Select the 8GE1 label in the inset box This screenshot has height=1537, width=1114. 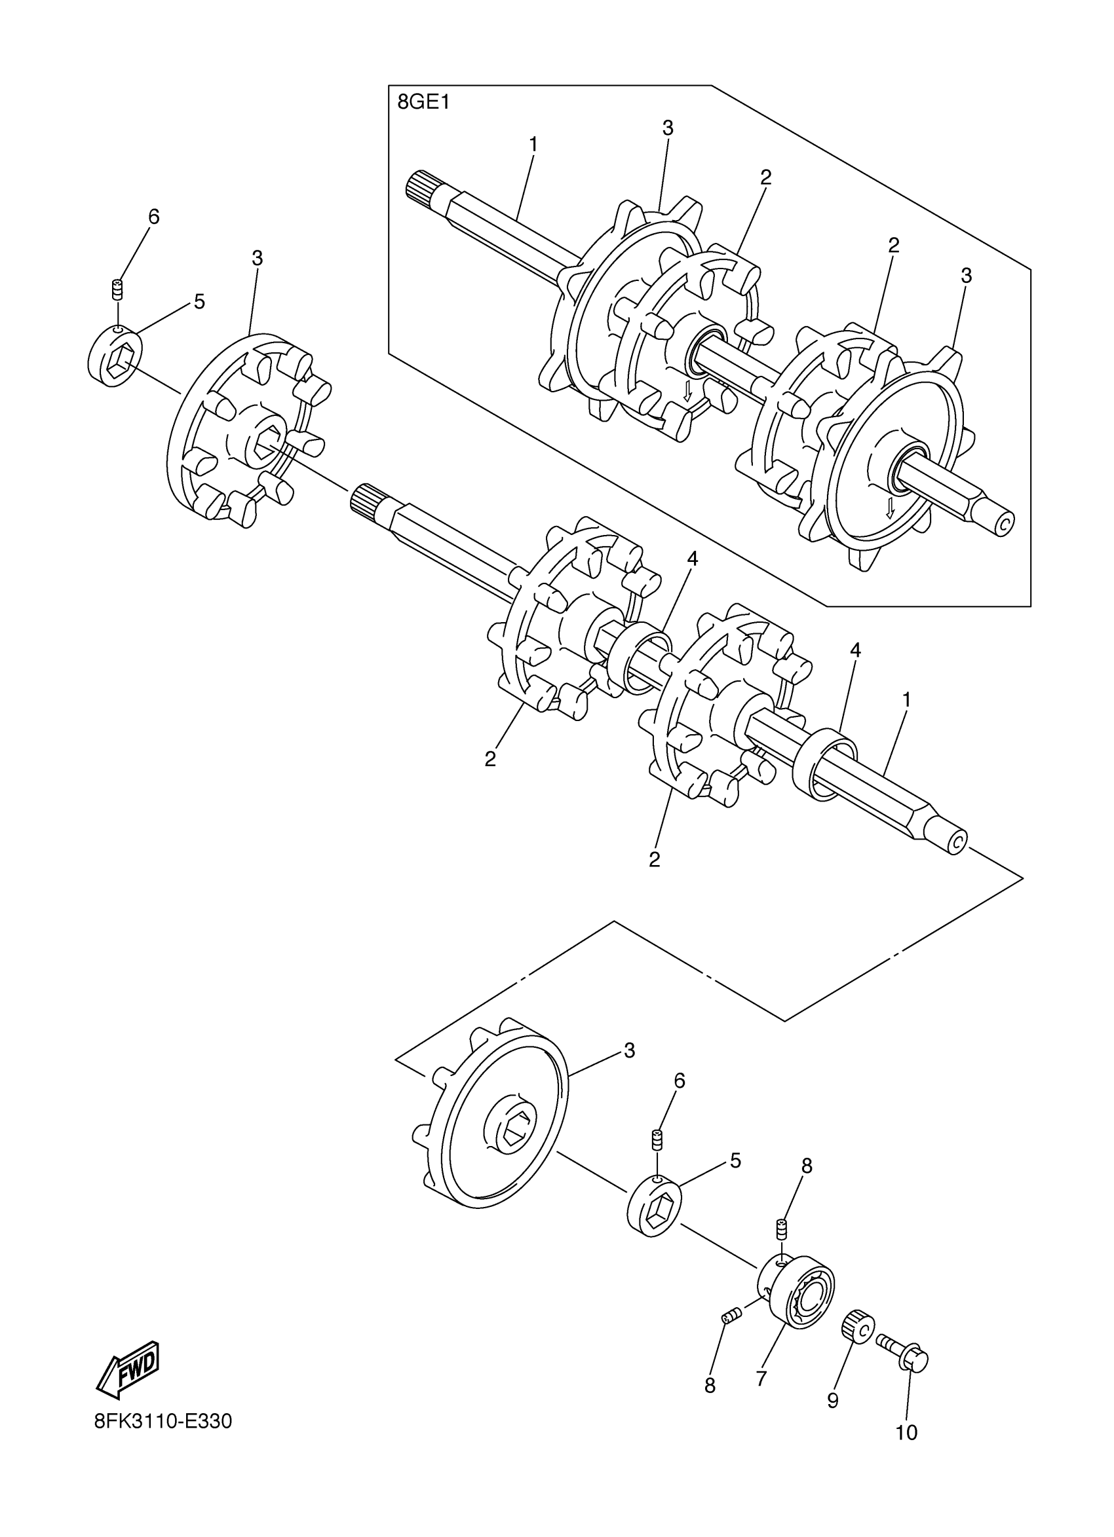[x=424, y=103]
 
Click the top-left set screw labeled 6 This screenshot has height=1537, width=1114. [x=119, y=290]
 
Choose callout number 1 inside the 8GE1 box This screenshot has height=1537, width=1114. [x=533, y=144]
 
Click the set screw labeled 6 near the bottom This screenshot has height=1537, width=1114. [x=657, y=1140]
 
